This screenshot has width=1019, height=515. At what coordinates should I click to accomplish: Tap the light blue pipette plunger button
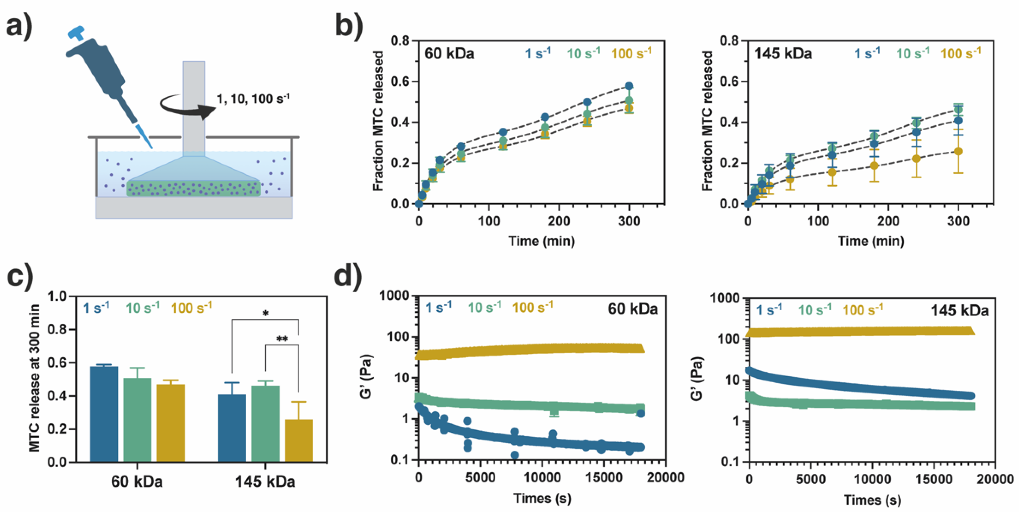tap(76, 32)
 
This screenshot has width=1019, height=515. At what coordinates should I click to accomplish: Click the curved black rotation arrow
tap(186, 107)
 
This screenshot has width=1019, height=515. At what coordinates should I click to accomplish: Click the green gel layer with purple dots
tap(193, 188)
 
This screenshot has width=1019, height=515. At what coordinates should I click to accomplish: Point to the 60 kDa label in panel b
tap(449, 53)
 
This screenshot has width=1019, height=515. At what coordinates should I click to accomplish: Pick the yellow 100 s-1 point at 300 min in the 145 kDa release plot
tap(958, 151)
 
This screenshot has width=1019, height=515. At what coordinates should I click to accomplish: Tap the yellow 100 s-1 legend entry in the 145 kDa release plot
tap(961, 53)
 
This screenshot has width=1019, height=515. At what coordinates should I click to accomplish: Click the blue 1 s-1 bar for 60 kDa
tap(104, 413)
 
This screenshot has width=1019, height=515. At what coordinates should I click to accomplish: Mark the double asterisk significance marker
tap(282, 339)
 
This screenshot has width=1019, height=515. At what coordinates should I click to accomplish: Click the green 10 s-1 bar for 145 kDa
tap(265, 423)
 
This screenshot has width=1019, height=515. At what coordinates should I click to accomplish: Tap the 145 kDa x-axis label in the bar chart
tap(265, 482)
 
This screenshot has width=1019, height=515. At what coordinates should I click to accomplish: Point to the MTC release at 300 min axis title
tap(35, 378)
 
